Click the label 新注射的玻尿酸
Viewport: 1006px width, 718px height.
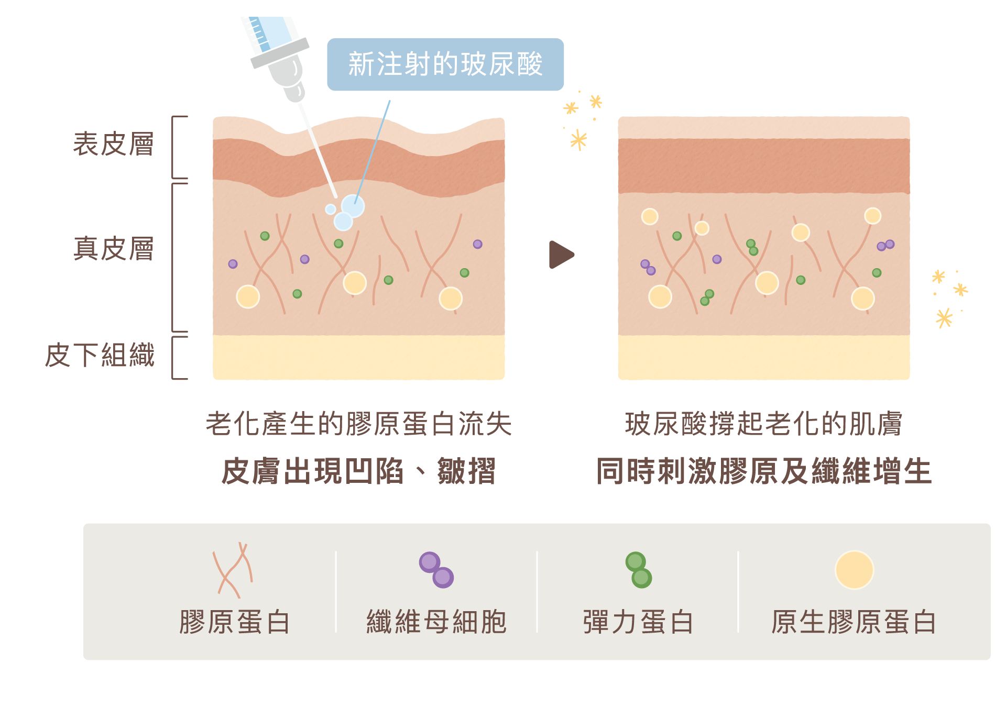(445, 64)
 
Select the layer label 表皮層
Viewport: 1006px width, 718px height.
(113, 145)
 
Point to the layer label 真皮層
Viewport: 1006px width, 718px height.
(113, 249)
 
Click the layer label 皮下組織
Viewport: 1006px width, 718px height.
(100, 355)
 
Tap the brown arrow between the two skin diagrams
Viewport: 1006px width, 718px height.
(561, 255)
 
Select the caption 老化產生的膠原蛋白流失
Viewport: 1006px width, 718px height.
(358, 424)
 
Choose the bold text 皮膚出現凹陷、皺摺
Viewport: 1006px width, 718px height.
(358, 471)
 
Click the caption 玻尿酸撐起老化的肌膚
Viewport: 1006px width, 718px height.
(763, 424)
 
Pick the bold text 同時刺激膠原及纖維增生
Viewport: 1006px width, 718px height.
(763, 471)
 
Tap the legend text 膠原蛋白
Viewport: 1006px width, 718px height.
(234, 622)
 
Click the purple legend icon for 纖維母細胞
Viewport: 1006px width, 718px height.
(436, 570)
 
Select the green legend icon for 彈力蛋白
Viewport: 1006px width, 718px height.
(638, 570)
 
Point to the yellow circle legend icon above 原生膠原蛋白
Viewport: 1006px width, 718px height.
(854, 570)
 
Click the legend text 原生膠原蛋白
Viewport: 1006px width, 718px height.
(854, 622)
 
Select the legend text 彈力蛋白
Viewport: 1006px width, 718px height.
(638, 622)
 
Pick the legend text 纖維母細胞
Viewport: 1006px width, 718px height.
(436, 622)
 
